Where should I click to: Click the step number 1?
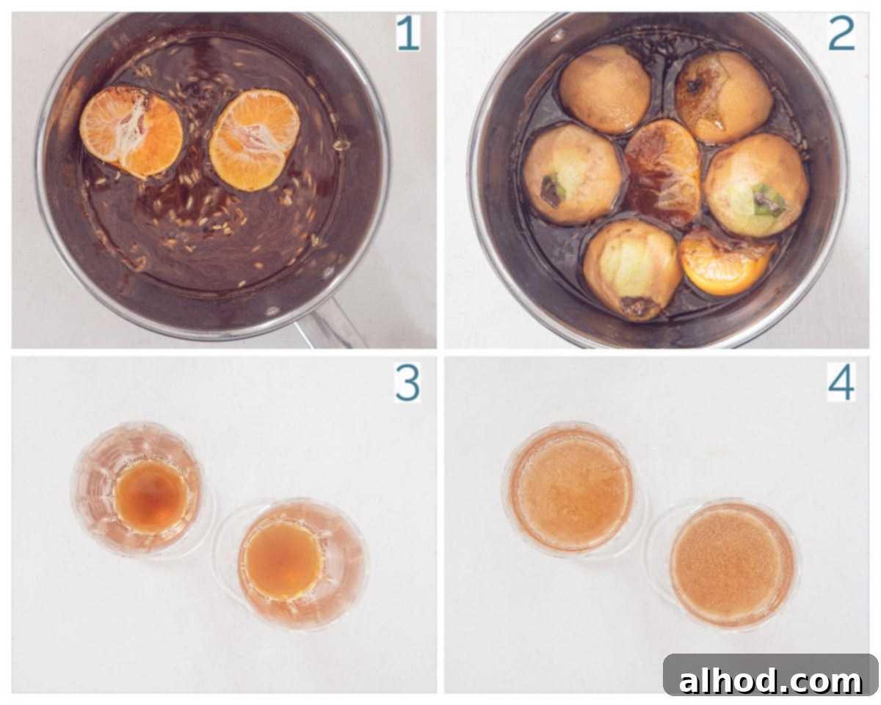click(x=407, y=34)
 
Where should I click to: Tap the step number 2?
click(x=841, y=34)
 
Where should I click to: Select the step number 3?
click(x=407, y=383)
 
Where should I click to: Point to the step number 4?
click(x=841, y=383)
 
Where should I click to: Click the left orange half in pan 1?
click(x=131, y=132)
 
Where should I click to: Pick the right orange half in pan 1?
click(x=255, y=140)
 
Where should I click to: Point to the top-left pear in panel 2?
click(x=605, y=90)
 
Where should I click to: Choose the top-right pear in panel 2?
click(x=723, y=97)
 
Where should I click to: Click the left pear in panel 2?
click(x=573, y=175)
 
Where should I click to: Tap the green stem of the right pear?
click(x=769, y=200)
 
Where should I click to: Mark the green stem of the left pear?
click(x=552, y=190)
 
